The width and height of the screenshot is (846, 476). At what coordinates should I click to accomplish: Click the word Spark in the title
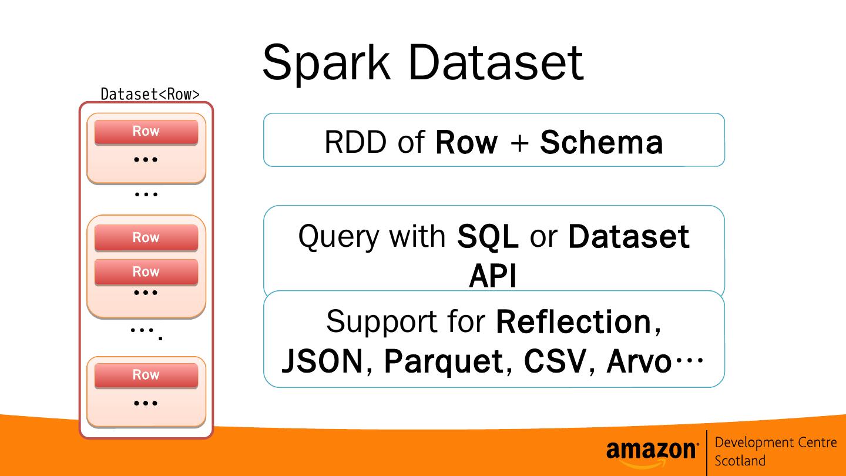(326, 62)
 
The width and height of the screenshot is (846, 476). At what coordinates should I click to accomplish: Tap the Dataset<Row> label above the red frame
(150, 94)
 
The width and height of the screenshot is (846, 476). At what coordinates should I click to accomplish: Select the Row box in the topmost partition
(146, 132)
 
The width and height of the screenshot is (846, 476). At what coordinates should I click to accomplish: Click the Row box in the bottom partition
(146, 375)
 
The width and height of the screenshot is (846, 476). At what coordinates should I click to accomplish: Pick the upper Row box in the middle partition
(146, 237)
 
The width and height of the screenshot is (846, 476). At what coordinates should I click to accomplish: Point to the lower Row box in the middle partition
(146, 271)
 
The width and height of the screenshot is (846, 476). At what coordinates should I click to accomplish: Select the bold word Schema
(601, 142)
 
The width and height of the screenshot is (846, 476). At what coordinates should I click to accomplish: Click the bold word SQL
(488, 236)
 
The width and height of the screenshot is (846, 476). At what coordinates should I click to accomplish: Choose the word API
(492, 277)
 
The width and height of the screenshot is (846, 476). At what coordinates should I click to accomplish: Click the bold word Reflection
(573, 321)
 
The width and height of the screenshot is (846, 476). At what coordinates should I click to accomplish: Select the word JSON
(322, 361)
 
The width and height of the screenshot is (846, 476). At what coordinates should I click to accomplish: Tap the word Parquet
(444, 361)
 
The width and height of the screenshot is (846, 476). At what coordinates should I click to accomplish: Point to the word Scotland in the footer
(740, 461)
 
